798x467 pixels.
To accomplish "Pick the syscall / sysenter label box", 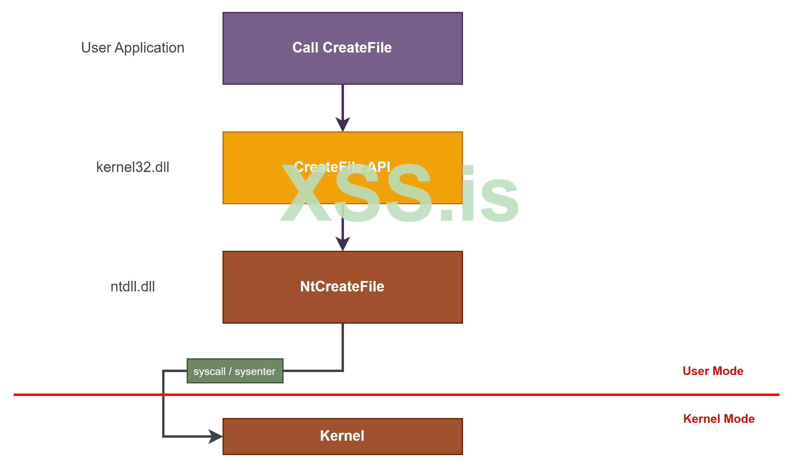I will [x=235, y=371].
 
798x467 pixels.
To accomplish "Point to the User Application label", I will [x=133, y=48].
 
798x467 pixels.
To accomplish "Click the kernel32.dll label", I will [x=133, y=167].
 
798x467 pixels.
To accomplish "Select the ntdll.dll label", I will [x=133, y=287].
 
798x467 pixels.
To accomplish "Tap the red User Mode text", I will [x=713, y=371].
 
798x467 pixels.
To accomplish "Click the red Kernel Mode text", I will [x=719, y=419].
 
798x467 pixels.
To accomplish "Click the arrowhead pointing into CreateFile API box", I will [x=343, y=125].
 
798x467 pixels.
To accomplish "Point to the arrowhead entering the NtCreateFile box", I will [x=343, y=244].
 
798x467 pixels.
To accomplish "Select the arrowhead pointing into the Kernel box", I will [x=216, y=436].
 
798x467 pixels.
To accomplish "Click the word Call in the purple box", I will [x=305, y=48].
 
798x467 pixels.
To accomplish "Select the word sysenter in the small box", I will [x=255, y=371].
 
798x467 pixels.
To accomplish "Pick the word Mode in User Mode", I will [x=728, y=371].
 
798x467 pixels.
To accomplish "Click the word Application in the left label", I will [x=150, y=48].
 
